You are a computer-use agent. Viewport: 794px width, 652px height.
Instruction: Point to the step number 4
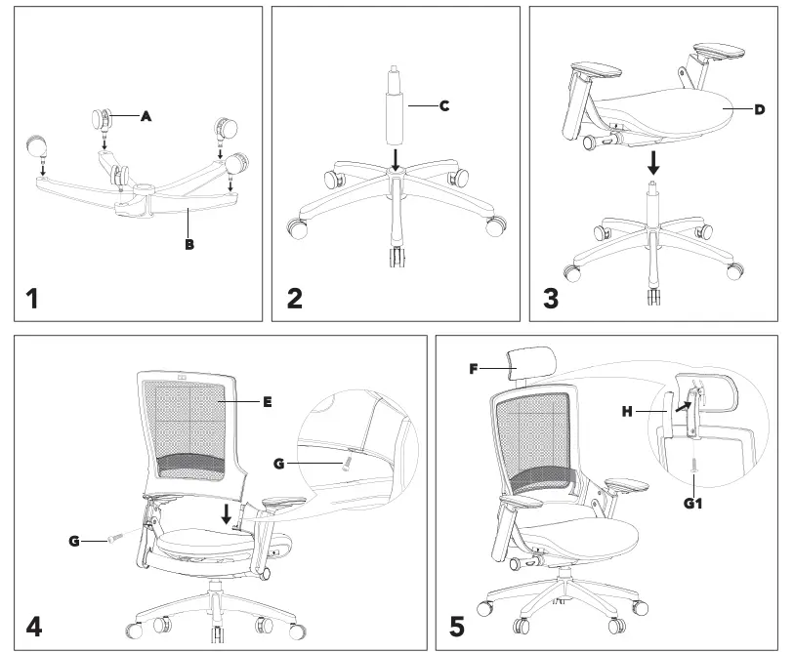(x=34, y=625)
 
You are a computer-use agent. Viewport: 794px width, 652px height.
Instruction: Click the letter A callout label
(x=146, y=115)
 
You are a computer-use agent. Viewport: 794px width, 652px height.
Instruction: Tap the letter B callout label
(x=189, y=245)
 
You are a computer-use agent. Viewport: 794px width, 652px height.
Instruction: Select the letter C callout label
(x=444, y=104)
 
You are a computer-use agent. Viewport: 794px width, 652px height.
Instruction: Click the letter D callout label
(x=759, y=109)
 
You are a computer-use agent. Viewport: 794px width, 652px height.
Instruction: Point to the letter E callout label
(x=267, y=401)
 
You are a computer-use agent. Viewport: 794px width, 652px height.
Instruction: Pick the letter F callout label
(x=473, y=370)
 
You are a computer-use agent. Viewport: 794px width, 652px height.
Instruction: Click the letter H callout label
(x=628, y=411)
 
